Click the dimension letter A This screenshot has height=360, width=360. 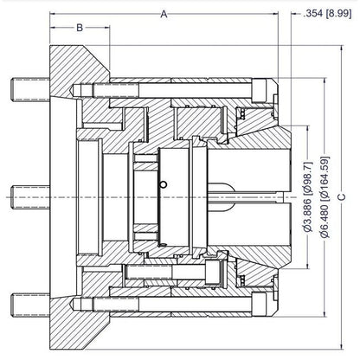[x=164, y=14]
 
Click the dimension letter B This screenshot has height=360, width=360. [x=80, y=28]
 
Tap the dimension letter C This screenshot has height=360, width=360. [x=342, y=196]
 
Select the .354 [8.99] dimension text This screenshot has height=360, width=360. [x=327, y=14]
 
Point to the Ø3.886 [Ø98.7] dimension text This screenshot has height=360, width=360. [x=308, y=196]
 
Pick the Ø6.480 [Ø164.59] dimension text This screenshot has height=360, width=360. [x=325, y=197]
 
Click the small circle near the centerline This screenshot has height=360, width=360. [x=164, y=184]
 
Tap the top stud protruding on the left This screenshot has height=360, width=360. [x=30, y=89]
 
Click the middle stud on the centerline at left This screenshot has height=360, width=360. [x=30, y=197]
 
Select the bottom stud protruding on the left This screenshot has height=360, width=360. [x=30, y=305]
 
